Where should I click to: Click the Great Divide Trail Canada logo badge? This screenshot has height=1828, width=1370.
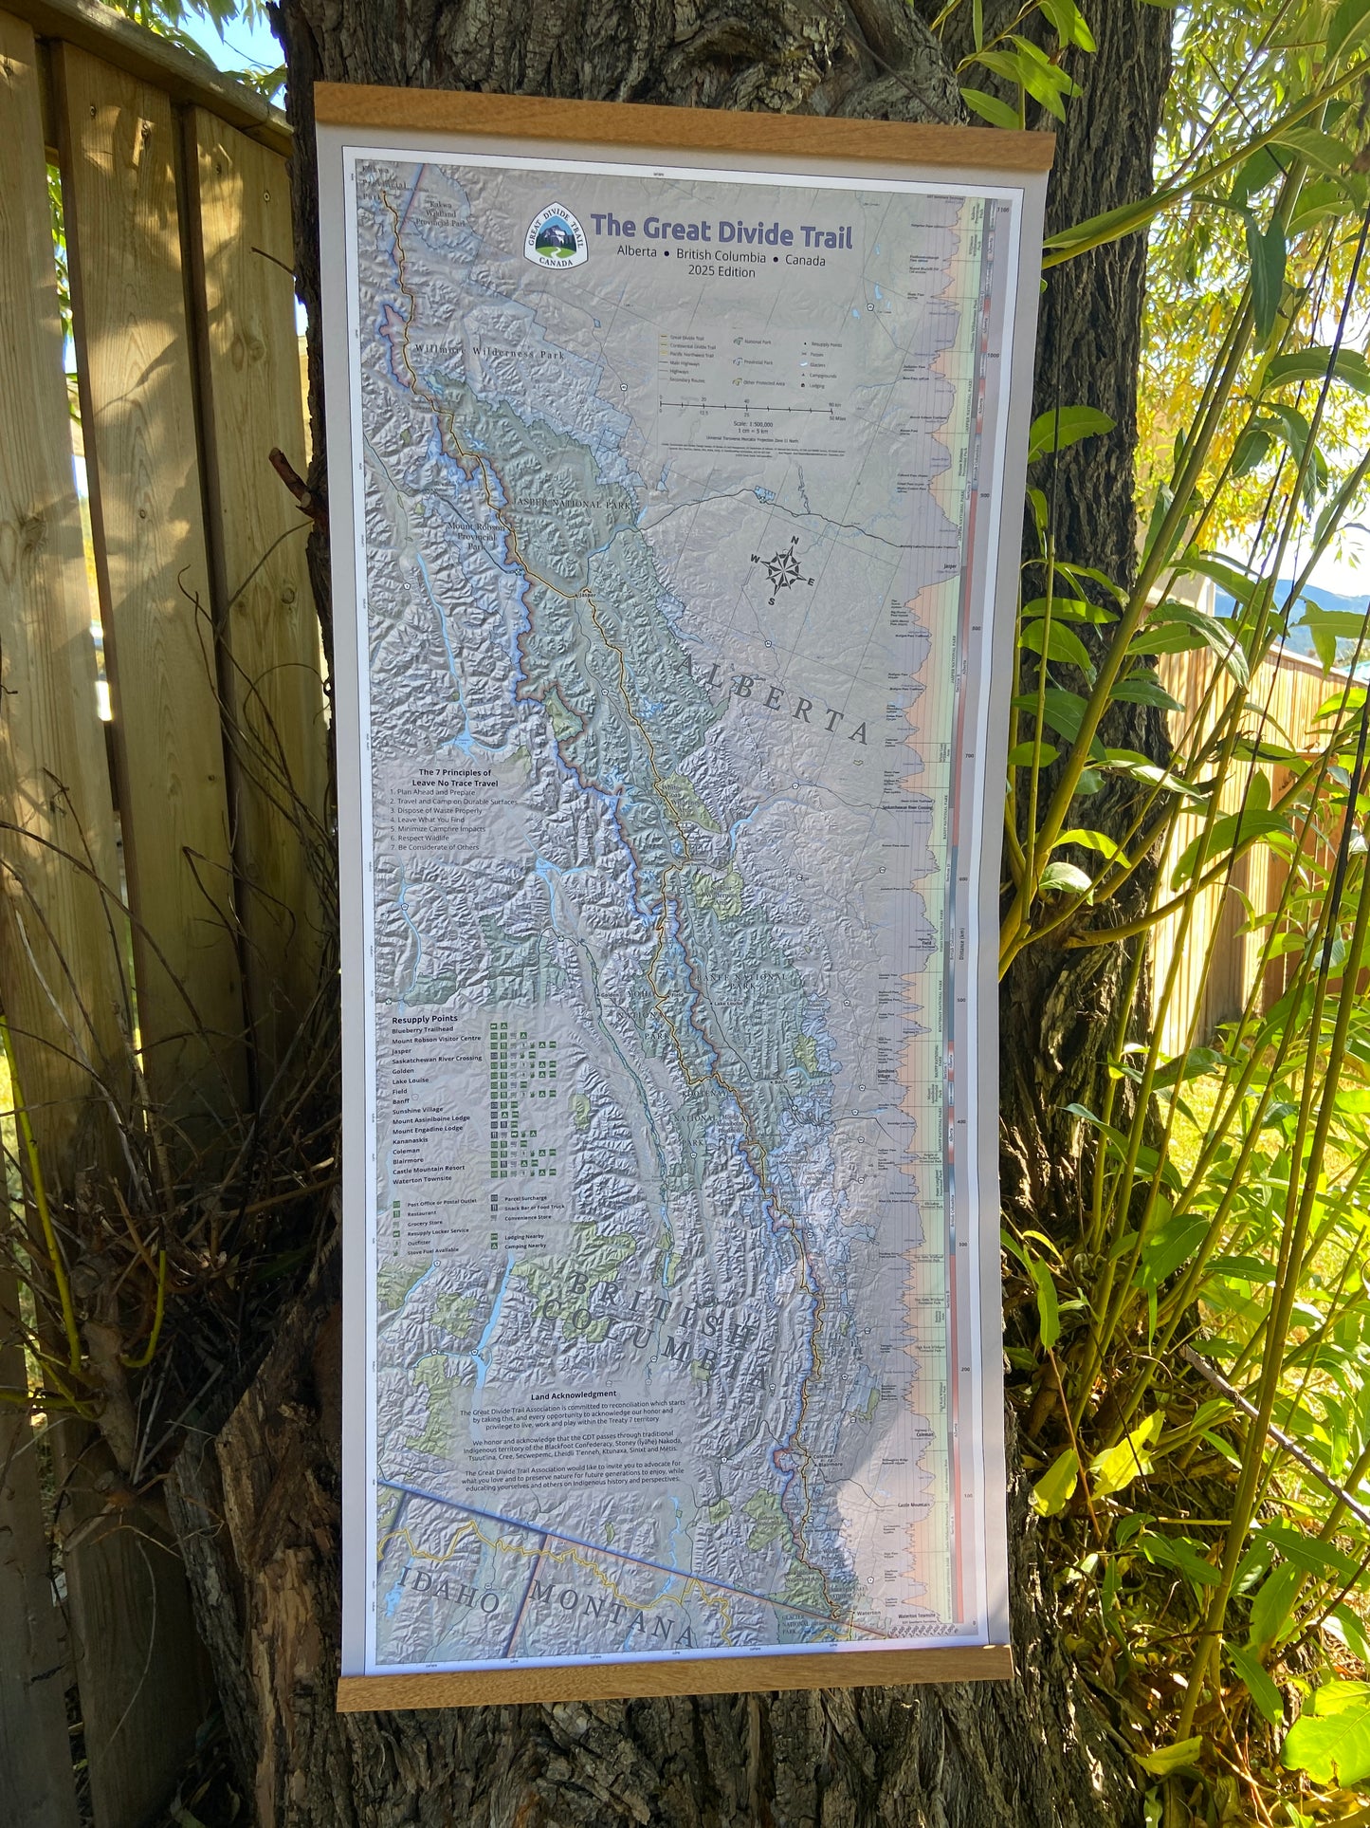[555, 235]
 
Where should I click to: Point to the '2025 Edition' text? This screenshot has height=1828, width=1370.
[722, 272]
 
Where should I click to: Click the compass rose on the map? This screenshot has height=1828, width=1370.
[785, 570]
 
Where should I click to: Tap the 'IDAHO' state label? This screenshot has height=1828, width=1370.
[449, 1590]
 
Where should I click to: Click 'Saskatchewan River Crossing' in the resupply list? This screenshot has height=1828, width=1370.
[437, 1058]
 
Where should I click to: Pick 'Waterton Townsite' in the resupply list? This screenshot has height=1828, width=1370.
[429, 1179]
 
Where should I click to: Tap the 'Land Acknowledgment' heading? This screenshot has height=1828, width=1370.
[574, 1394]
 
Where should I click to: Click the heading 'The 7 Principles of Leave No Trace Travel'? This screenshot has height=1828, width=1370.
[445, 779]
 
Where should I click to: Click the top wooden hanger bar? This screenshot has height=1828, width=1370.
[683, 117]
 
